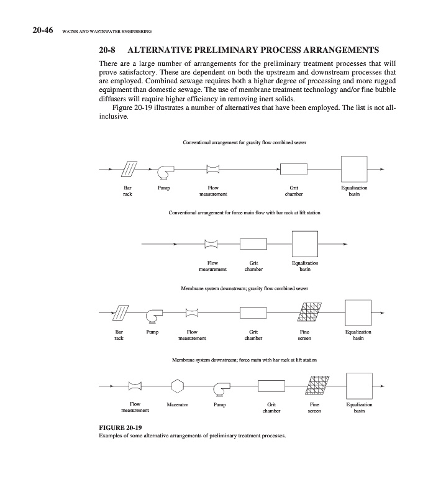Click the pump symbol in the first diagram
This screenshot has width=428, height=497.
coord(165,170)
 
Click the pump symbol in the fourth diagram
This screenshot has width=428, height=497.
coord(220,388)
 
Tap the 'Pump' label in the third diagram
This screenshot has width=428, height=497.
coord(152,332)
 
